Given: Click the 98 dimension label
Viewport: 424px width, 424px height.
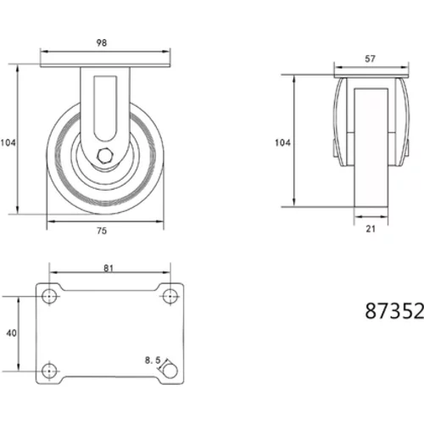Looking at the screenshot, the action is coord(102,42).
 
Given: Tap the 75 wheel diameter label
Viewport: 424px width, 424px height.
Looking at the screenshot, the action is coord(102,231).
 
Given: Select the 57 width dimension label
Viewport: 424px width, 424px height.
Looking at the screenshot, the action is coord(371,59).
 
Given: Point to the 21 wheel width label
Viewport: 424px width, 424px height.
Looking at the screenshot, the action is coord(371,229).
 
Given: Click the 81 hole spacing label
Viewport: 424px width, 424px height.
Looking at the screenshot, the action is coord(109,268).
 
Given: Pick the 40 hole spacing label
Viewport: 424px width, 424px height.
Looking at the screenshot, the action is coord(11,333).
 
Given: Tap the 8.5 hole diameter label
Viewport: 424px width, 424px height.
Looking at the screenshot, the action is coord(153,360).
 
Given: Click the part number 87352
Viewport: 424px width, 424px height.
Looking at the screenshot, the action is coord(394,311).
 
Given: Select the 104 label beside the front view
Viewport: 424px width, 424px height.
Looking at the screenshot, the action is coord(8,142).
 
